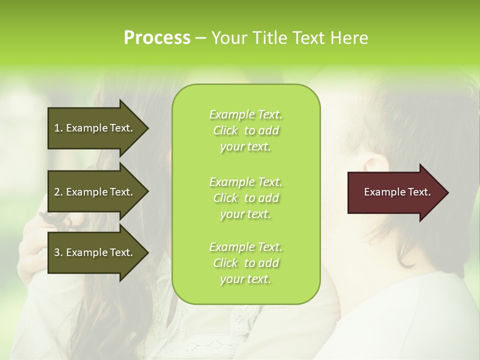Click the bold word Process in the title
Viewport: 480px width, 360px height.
[157, 38]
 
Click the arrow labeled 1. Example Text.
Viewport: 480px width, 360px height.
[95, 128]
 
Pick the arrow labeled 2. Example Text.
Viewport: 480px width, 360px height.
[95, 192]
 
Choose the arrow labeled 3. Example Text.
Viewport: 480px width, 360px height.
[95, 252]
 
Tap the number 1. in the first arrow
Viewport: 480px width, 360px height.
[58, 128]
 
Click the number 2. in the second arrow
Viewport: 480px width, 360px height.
[58, 192]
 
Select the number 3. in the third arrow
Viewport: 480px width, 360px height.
[58, 252]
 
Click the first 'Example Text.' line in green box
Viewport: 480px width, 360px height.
[245, 114]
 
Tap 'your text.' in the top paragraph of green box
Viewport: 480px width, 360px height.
[245, 147]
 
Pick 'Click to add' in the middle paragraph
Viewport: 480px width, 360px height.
[245, 198]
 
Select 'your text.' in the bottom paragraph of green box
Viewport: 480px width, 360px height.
[245, 279]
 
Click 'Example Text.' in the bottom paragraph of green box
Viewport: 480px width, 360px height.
[245, 247]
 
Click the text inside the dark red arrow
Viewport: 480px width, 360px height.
[397, 192]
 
